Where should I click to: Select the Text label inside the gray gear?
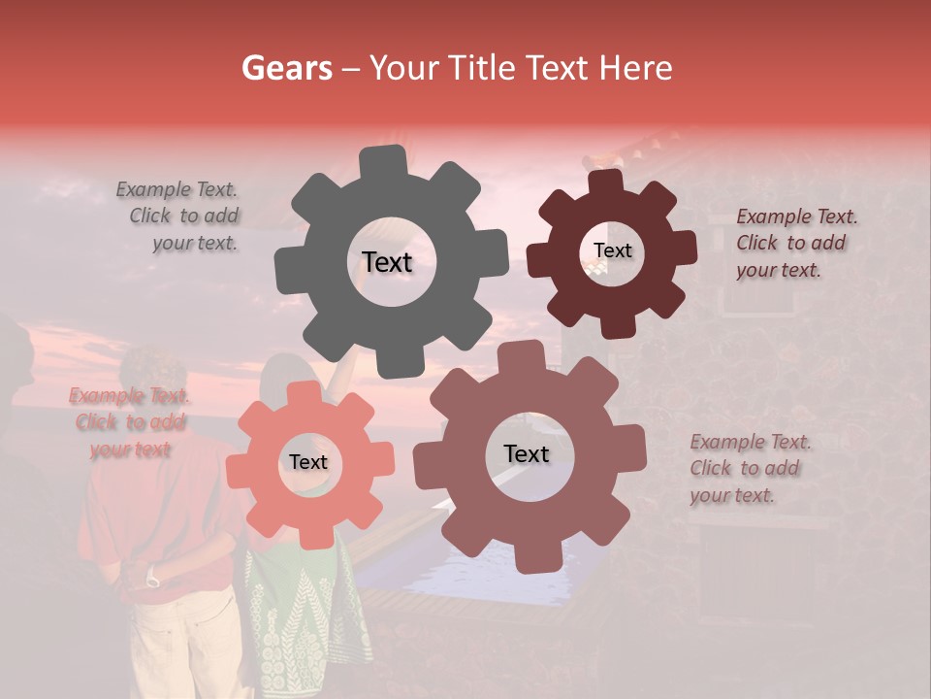(x=387, y=262)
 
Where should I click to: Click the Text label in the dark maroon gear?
(x=612, y=250)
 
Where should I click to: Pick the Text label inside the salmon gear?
(x=308, y=462)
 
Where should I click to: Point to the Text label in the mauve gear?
(x=527, y=453)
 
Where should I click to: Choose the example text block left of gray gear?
(x=179, y=216)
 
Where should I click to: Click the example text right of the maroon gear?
(x=795, y=243)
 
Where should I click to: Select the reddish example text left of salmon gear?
(x=129, y=422)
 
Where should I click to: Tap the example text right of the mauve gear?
(x=750, y=468)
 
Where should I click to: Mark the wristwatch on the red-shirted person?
(x=152, y=581)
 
